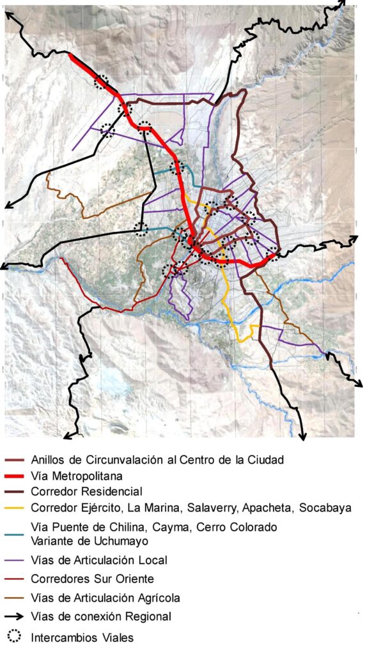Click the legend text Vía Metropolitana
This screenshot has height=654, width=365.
click(76, 476)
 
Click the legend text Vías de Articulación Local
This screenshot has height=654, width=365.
click(99, 560)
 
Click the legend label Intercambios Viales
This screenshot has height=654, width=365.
click(82, 637)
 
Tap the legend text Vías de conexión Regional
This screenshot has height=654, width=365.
click(100, 617)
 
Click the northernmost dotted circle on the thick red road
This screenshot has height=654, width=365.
click(101, 81)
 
